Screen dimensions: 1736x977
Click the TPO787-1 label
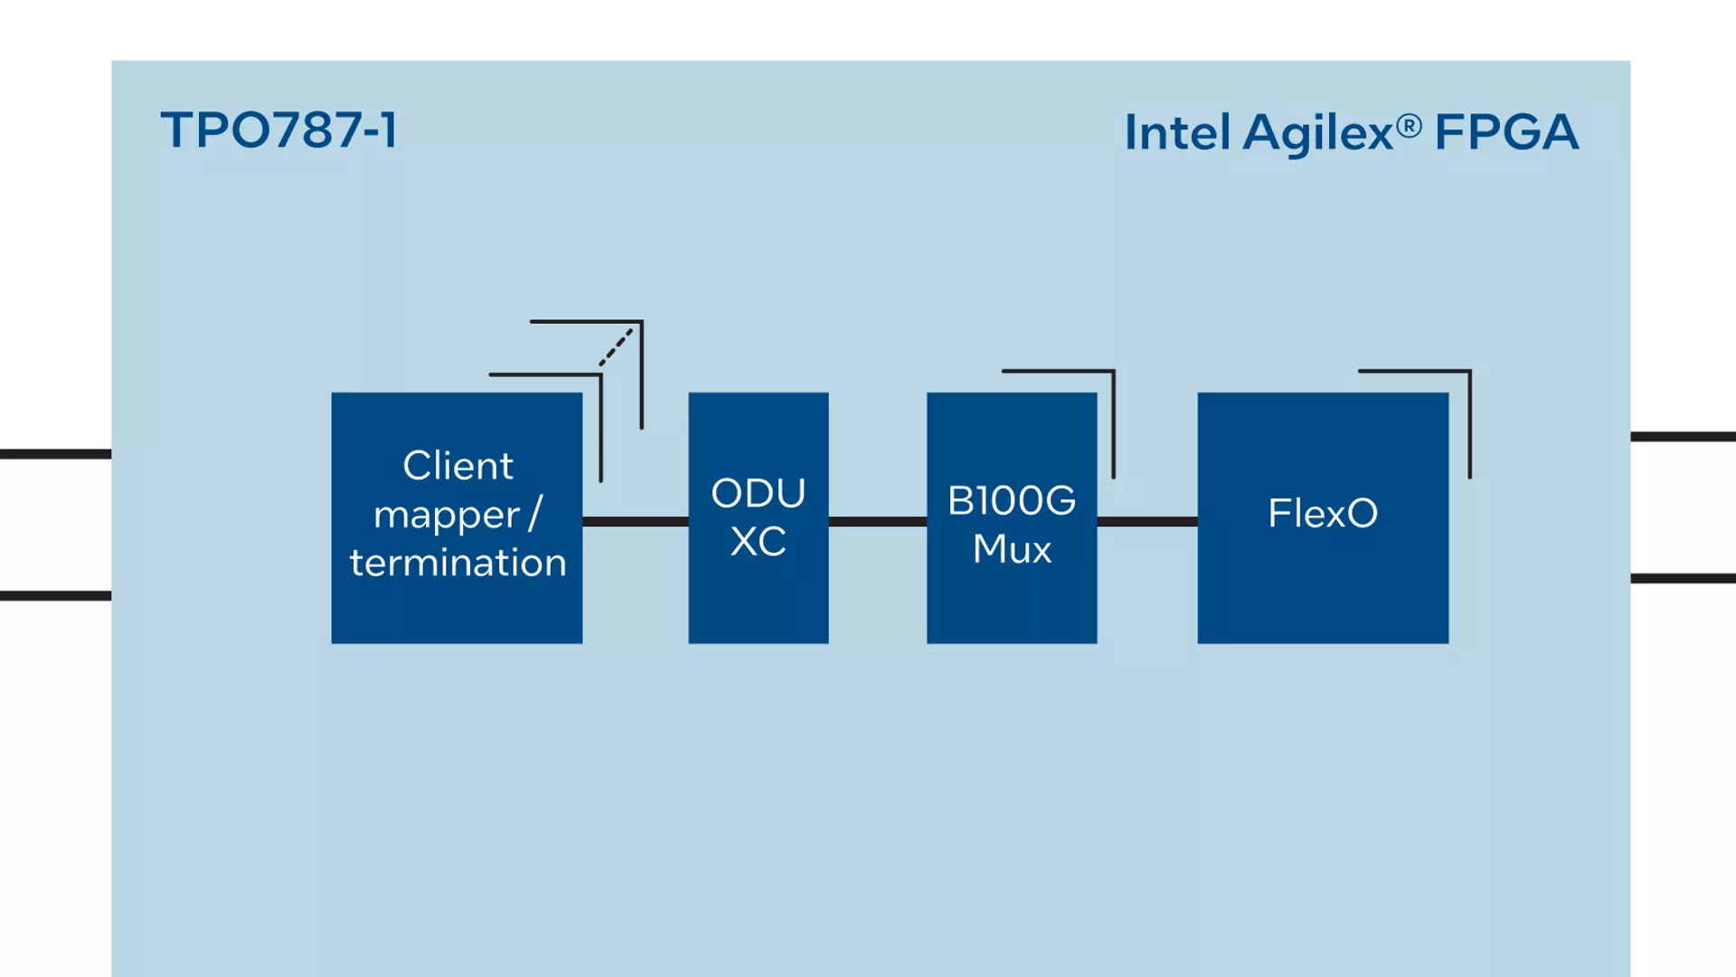tap(278, 130)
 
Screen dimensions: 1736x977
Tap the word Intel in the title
tap(1178, 132)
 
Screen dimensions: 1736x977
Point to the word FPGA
tap(1506, 132)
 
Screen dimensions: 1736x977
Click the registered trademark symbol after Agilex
tap(1409, 126)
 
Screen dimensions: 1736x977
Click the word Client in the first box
tap(458, 466)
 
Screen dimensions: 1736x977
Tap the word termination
tap(458, 563)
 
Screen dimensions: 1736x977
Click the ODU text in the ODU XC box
tap(758, 493)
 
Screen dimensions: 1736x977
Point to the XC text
tap(758, 542)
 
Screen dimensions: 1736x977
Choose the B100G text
tap(1012, 500)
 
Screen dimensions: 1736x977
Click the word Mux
tap(1012, 549)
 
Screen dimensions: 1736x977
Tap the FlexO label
tap(1323, 513)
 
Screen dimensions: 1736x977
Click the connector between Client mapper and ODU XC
tap(636, 521)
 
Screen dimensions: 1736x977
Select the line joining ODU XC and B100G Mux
tap(878, 521)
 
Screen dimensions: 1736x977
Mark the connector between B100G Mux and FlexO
tap(1147, 521)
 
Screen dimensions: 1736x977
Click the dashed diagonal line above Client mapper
tap(616, 347)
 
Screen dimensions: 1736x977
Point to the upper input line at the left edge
tap(55, 454)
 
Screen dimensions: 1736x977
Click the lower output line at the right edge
tap(1683, 578)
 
